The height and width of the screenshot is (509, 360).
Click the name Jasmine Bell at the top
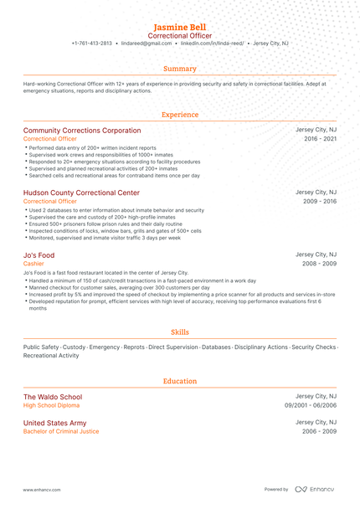point(180,27)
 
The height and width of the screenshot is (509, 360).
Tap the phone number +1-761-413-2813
point(91,43)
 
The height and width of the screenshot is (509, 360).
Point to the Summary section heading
point(180,69)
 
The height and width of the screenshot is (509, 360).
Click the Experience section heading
point(180,115)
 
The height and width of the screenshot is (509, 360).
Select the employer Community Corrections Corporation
point(82,131)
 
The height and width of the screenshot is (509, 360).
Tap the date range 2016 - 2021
point(321,139)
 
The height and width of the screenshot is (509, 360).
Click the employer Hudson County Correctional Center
point(81,193)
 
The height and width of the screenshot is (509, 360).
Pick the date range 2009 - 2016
point(321,202)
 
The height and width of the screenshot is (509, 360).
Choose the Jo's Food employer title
point(39,254)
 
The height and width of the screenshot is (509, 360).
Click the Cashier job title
point(33,264)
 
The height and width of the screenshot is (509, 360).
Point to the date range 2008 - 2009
point(321,264)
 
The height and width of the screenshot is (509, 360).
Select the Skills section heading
point(180,332)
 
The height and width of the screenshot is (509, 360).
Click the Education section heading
point(180,381)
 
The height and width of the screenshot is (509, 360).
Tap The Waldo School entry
point(53,397)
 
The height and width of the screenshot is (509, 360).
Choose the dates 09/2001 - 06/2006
point(311,406)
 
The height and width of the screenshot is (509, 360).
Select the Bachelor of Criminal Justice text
point(61,432)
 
